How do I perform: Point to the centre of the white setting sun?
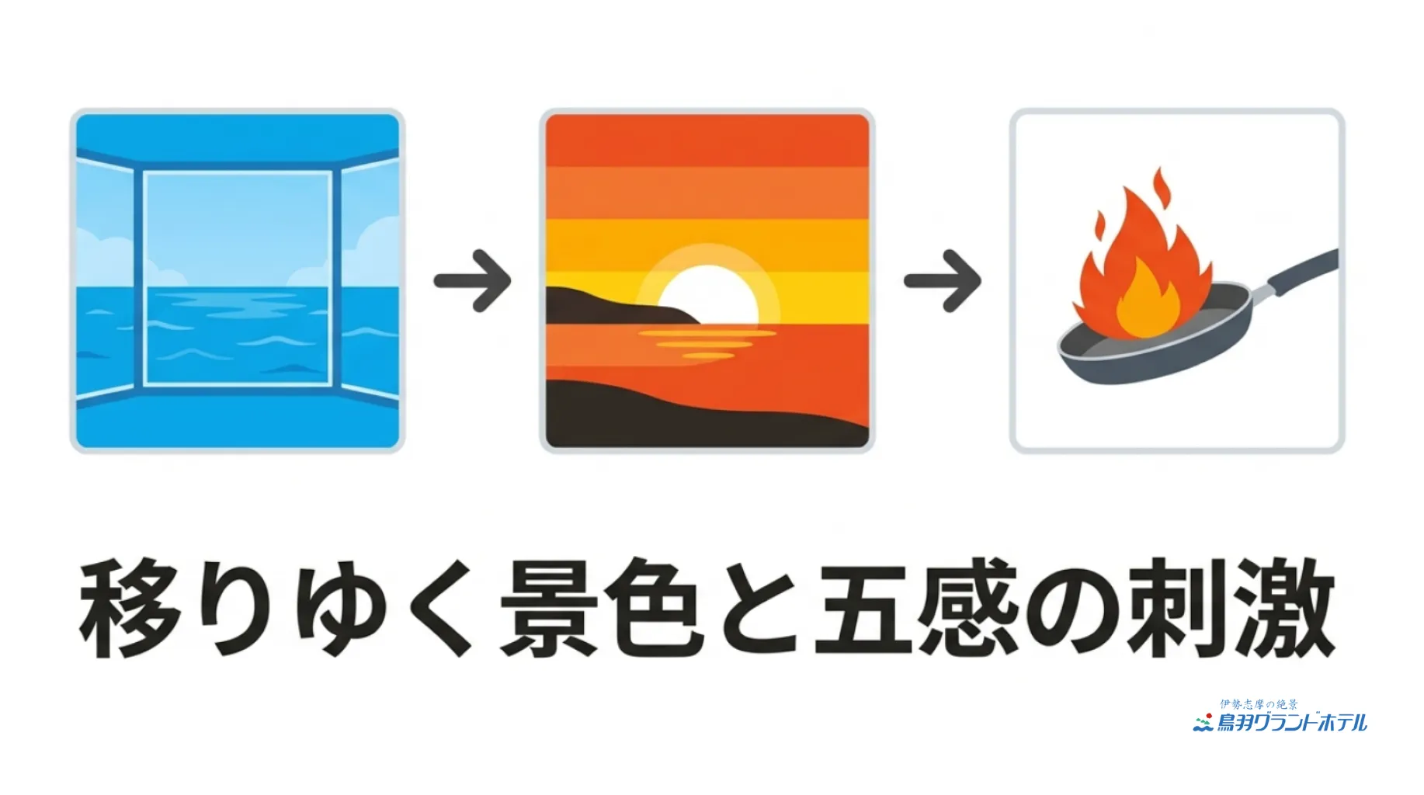pos(707,300)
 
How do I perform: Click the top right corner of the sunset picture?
pos(869,115)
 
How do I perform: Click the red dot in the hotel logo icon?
pos(1209,716)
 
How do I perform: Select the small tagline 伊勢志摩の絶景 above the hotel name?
pos(1259,704)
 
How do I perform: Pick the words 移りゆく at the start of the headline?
pos(276,608)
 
